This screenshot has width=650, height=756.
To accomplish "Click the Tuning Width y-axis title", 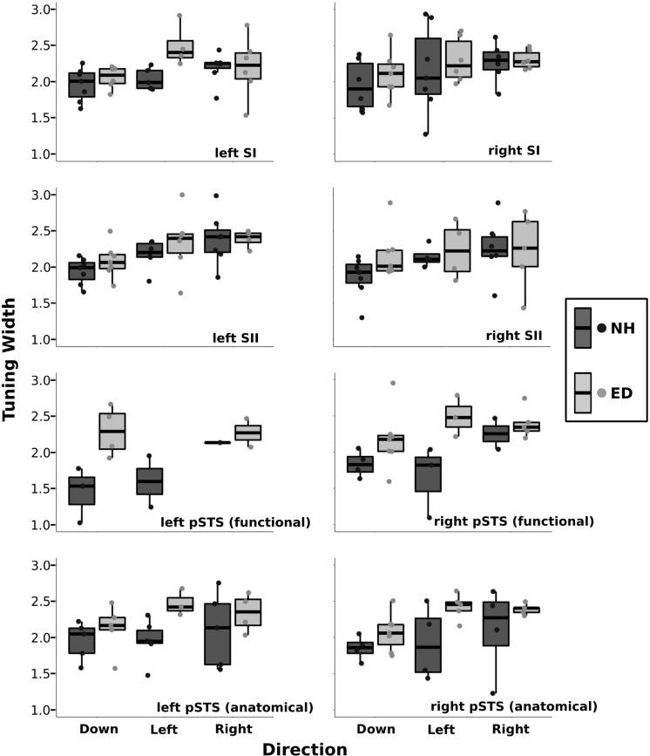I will (12, 368).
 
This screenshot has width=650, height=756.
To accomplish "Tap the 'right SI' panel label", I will (514, 152).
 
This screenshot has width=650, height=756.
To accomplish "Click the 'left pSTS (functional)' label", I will (235, 522).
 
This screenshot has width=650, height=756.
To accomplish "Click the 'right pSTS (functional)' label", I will (514, 521).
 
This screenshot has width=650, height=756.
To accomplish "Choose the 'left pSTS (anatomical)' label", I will (234, 705).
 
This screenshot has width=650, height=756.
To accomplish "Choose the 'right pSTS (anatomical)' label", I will (514, 705).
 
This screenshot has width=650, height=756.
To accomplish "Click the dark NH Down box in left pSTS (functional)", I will (82, 490).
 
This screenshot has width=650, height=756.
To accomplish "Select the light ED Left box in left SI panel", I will (205, 49).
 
